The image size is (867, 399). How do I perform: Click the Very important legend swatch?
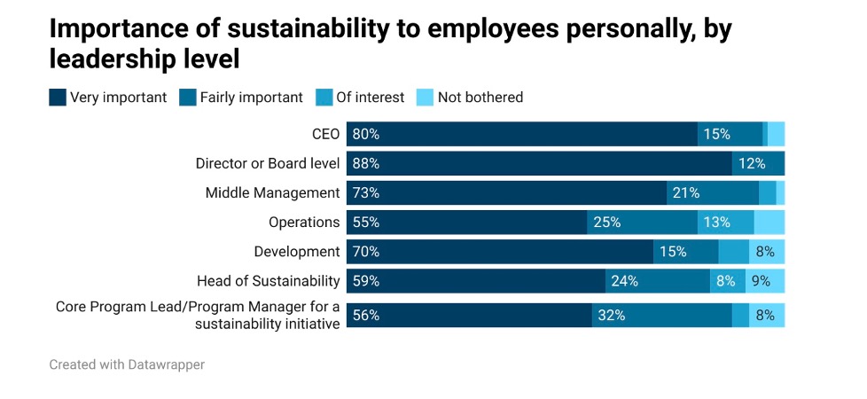tap(58, 98)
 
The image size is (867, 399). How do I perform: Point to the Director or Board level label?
tap(268, 164)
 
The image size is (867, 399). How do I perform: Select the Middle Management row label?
tap(272, 193)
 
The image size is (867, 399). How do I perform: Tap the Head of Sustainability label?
tap(269, 281)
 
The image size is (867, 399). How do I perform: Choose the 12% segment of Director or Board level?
tap(758, 164)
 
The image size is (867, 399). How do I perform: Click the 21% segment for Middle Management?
tap(712, 193)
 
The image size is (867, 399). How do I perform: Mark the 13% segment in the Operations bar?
tap(725, 223)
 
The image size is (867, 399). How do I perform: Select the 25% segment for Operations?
tap(642, 223)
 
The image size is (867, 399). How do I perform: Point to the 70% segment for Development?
tap(499, 252)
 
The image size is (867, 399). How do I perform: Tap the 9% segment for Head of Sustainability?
tap(766, 281)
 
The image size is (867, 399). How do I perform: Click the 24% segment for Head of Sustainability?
tap(657, 281)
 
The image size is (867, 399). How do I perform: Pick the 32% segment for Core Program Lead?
tap(661, 316)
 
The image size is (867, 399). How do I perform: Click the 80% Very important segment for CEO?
tap(521, 135)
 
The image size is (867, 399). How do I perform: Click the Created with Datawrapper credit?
tap(127, 364)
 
